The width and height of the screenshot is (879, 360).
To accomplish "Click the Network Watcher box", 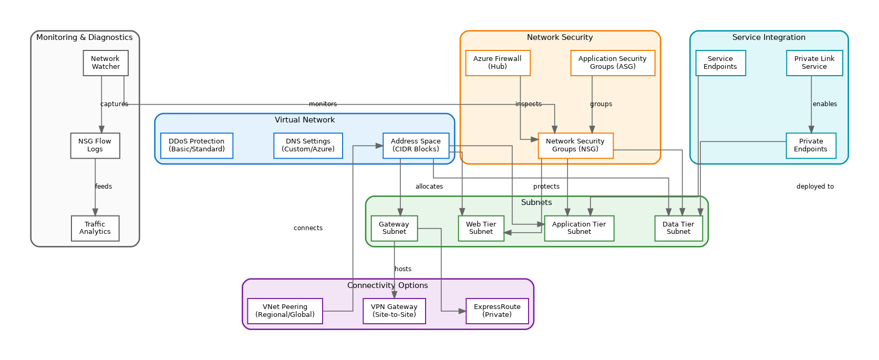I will click(106, 63).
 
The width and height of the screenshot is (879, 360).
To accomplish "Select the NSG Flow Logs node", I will click(95, 146).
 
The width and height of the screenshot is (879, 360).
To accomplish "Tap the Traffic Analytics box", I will click(95, 228).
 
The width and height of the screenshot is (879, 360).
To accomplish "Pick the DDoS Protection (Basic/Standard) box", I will click(197, 146).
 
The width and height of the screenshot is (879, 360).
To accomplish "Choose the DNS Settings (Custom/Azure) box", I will click(308, 146).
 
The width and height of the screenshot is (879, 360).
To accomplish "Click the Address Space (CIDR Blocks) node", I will click(416, 146).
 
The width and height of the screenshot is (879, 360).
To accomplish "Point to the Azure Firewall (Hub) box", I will click(498, 63).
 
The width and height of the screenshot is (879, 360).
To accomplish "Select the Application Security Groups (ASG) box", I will click(613, 63).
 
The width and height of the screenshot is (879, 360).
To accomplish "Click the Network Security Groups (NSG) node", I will click(575, 146).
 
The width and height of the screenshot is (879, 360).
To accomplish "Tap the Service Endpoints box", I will click(720, 63).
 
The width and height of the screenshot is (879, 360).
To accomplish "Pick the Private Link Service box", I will click(814, 63).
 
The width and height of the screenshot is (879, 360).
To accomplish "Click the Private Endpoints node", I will click(811, 146).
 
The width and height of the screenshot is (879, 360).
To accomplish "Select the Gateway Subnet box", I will click(394, 228).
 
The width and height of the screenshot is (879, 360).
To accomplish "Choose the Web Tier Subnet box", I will click(481, 228).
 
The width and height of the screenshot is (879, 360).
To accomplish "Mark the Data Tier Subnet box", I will click(678, 228).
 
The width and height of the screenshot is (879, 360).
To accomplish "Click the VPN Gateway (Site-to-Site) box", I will click(394, 311).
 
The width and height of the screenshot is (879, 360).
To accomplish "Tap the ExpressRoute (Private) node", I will click(497, 311).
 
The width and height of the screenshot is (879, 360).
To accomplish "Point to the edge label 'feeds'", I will click(104, 187).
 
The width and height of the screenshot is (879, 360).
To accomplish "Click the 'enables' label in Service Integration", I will click(825, 104).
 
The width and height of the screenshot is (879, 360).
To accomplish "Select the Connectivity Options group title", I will click(388, 285).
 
